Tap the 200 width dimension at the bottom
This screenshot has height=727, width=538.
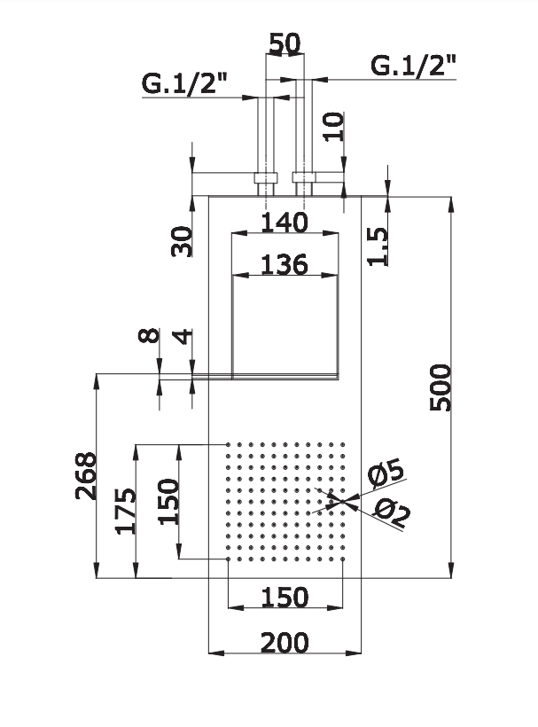[x=284, y=641]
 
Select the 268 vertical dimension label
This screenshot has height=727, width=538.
[x=84, y=476]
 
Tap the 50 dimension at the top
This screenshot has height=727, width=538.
[x=284, y=43]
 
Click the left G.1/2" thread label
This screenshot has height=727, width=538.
[x=185, y=84]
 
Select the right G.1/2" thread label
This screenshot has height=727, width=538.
[x=413, y=65]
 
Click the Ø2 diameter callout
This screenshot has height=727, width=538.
[x=391, y=512]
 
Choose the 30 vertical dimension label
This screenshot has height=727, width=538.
[x=183, y=240]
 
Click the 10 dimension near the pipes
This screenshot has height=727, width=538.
[x=331, y=127]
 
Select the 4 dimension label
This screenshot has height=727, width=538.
[x=183, y=337]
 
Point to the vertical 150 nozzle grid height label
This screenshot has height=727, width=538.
[x=168, y=500]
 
